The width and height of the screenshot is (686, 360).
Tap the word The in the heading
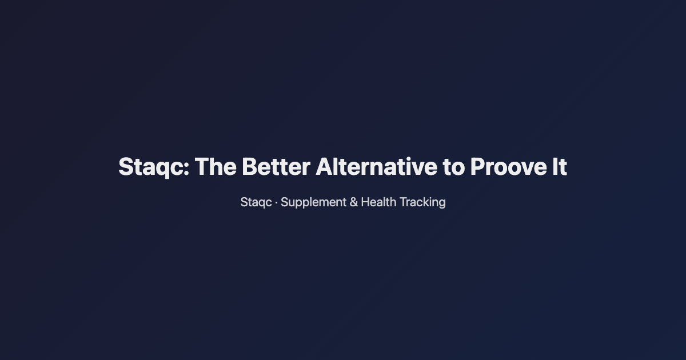pos(215,167)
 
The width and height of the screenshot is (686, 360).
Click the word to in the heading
pos(453,167)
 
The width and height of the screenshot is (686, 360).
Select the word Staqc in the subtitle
pos(256,202)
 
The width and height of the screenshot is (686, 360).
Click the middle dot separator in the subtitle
pos(276,202)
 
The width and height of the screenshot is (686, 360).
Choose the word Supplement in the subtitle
pos(313,202)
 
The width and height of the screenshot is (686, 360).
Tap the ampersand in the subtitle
pos(354,202)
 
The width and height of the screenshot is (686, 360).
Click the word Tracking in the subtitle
pos(422,202)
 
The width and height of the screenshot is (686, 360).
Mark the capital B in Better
pos(249,167)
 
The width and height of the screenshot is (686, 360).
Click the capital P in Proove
pos(477,167)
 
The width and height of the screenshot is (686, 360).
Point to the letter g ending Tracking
pos(441,204)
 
